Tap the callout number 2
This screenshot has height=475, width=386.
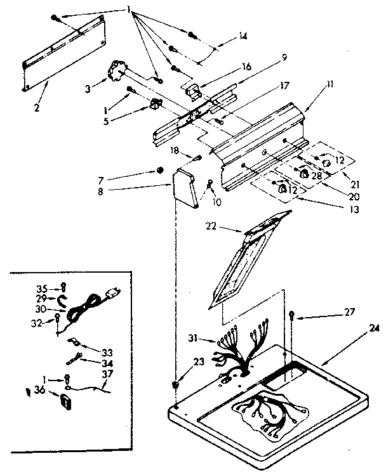coord(37,107)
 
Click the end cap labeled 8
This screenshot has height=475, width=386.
coord(185,188)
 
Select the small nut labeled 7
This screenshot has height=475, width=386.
coord(160,170)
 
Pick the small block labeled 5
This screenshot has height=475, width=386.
coord(154,104)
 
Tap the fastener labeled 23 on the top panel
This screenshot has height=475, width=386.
coord(175,385)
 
